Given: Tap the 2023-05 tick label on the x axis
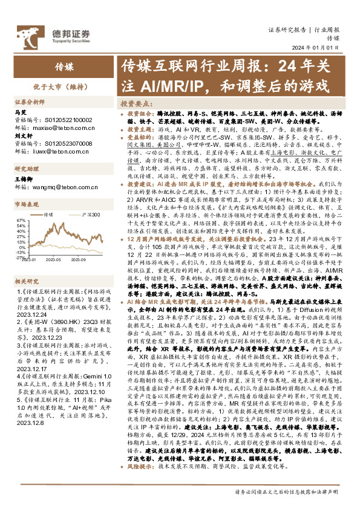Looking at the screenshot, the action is tap(55, 257).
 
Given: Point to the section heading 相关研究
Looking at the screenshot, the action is tap(27, 264).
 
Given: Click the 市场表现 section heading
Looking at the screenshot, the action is tap(27, 205).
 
